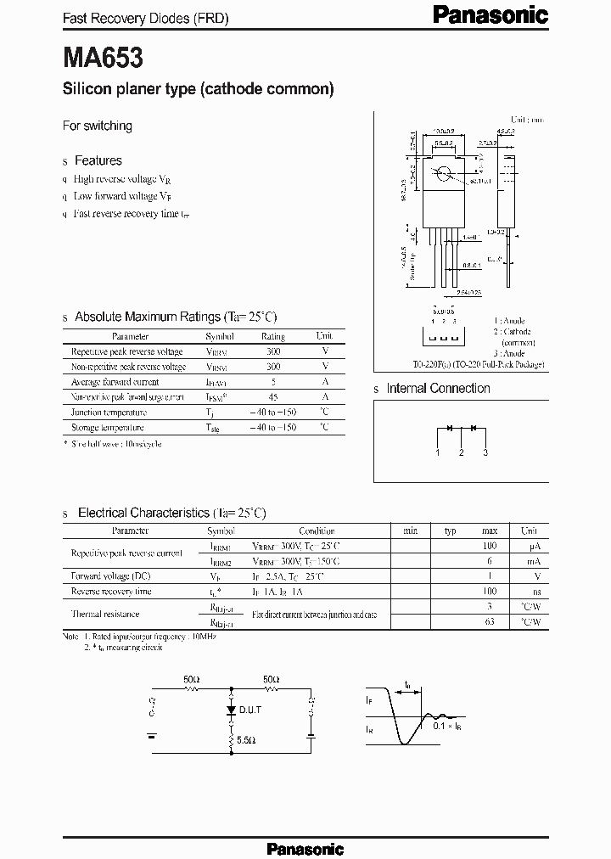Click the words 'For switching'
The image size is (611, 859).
(x=98, y=126)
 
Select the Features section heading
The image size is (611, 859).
(x=98, y=160)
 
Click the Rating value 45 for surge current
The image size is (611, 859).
(x=273, y=396)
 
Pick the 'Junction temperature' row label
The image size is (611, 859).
(x=108, y=412)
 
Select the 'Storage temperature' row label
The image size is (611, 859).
(x=108, y=428)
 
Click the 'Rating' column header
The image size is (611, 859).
(x=273, y=336)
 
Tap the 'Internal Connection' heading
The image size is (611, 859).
(x=438, y=389)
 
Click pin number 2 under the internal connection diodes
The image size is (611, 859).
(x=462, y=452)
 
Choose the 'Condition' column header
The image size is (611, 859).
(x=317, y=531)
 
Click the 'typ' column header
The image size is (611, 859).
(x=451, y=531)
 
